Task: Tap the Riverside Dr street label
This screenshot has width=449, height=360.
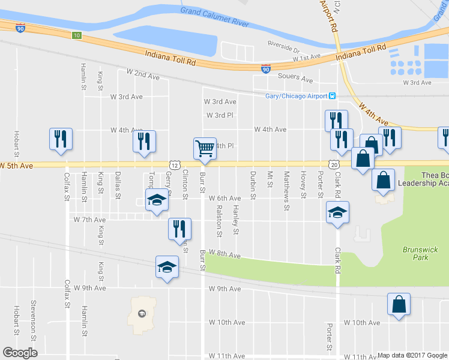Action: pos(283,47)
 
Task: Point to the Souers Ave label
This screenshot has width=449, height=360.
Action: pos(295,78)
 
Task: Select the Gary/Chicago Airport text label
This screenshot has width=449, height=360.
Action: pos(296,96)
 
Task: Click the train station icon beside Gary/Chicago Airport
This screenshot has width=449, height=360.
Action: pos(332,96)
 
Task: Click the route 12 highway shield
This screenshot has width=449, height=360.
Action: pos(174,164)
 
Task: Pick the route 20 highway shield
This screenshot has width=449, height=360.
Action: pos(334,164)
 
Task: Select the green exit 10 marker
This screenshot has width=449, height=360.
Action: pos(76,36)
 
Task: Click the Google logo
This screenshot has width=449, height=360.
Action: pos(20,353)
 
